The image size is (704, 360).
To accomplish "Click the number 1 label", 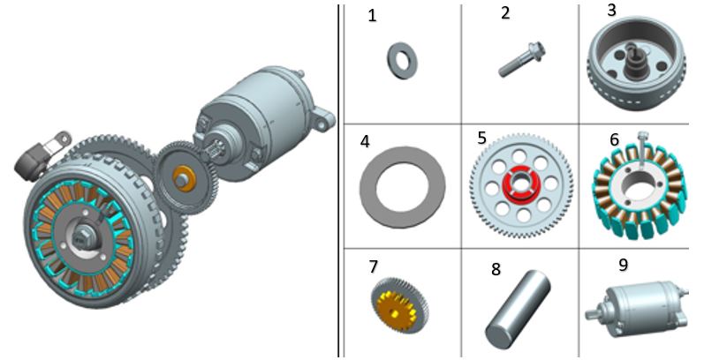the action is (x=372, y=16).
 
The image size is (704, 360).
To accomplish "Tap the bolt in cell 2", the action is (x=522, y=60).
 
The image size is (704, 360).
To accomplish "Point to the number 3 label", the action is (x=611, y=11).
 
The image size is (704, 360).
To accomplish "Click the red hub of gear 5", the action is (x=520, y=183).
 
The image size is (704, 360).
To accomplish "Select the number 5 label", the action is (x=481, y=138).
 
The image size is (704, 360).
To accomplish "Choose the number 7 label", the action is (x=373, y=266).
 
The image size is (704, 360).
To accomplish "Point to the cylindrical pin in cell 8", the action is (x=518, y=309).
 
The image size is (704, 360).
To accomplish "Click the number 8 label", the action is (x=496, y=269).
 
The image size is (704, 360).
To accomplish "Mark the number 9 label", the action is (x=624, y=265).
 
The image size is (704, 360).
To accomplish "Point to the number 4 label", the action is (x=365, y=142).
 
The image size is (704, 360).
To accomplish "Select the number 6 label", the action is (x=614, y=140).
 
